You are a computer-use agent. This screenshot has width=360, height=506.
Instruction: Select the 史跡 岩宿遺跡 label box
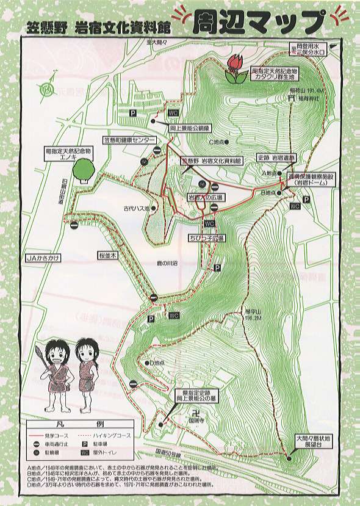276,157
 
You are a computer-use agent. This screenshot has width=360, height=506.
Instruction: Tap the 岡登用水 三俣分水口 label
309,48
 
